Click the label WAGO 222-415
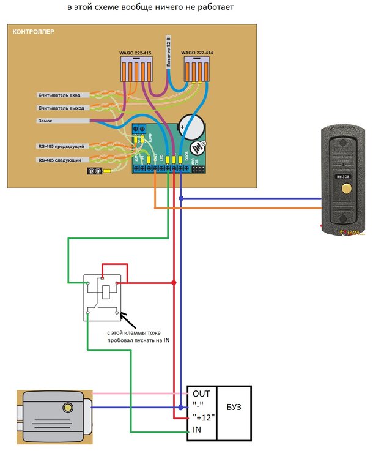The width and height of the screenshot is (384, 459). (135, 53)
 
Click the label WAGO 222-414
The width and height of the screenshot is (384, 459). (198, 53)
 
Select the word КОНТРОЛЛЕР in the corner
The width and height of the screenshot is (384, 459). (34, 31)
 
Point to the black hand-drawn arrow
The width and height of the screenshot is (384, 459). (128, 319)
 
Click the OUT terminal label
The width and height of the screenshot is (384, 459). (201, 394)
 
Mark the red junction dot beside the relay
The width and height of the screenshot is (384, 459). (174, 283)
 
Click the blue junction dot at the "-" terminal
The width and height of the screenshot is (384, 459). (181, 407)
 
